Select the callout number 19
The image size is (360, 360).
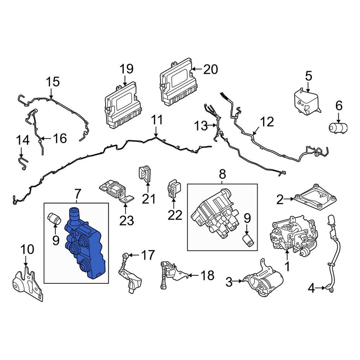(x=126, y=68)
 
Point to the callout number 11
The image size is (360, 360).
(x=157, y=120)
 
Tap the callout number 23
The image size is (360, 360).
(x=126, y=220)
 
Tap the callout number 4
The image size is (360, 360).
(x=311, y=288)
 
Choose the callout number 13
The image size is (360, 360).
(x=201, y=126)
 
